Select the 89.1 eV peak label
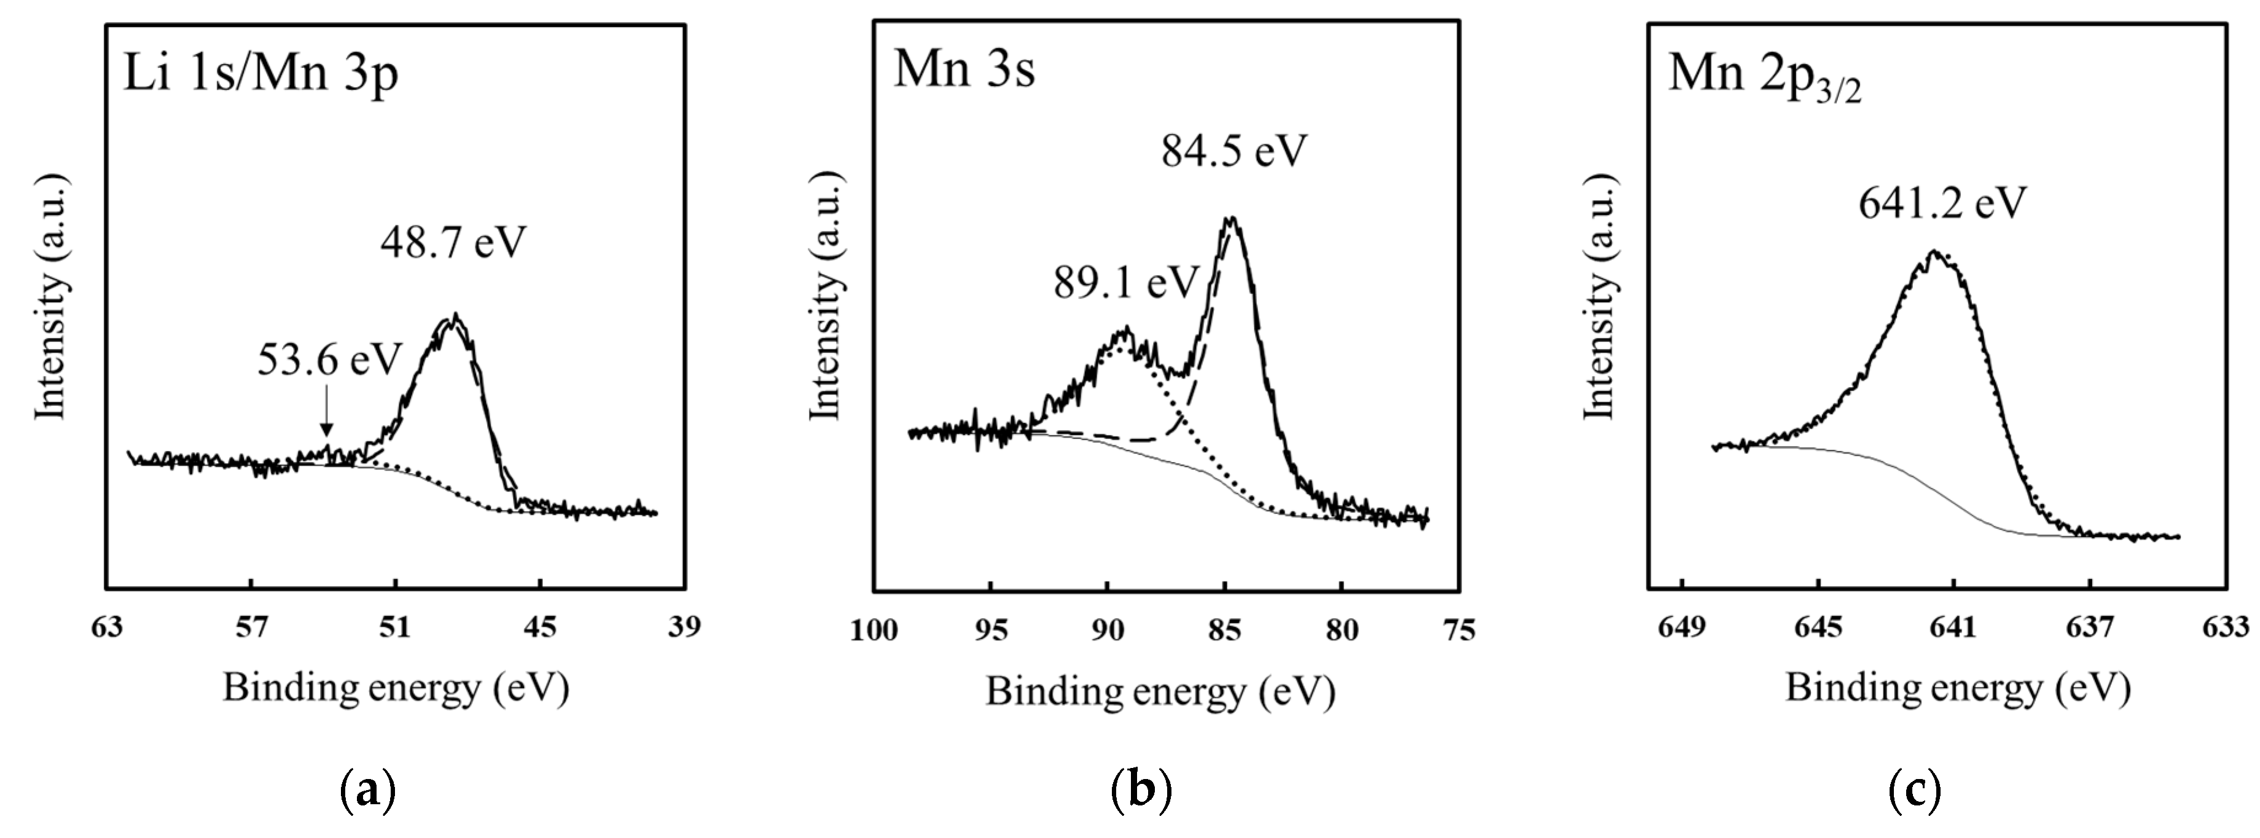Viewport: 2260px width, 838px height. [1125, 283]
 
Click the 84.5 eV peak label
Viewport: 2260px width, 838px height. [1234, 151]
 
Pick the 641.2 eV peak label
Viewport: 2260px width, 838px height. [1942, 203]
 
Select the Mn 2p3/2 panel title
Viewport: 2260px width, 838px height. [1764, 74]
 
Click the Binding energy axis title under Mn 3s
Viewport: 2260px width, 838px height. [1160, 692]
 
